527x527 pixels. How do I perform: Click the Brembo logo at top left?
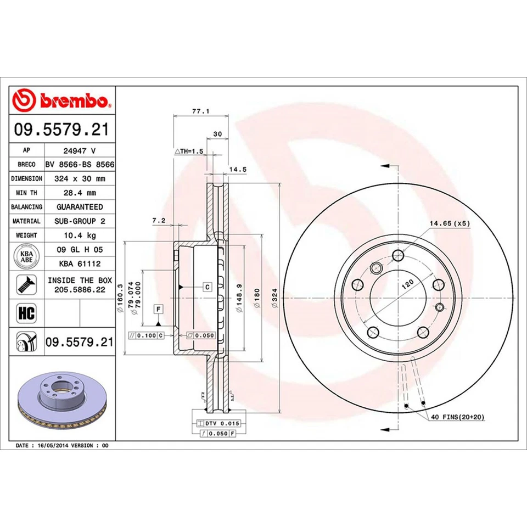62,101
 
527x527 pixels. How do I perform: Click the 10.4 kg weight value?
80,235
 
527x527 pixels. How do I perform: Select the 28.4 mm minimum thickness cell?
80,193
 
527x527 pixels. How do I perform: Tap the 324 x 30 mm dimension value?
80,178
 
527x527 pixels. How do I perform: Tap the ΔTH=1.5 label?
189,150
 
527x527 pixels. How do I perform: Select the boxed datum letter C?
208,287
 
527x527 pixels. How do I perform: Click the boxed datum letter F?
158,309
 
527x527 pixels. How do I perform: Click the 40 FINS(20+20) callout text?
457,418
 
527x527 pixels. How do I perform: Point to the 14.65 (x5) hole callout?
449,223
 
